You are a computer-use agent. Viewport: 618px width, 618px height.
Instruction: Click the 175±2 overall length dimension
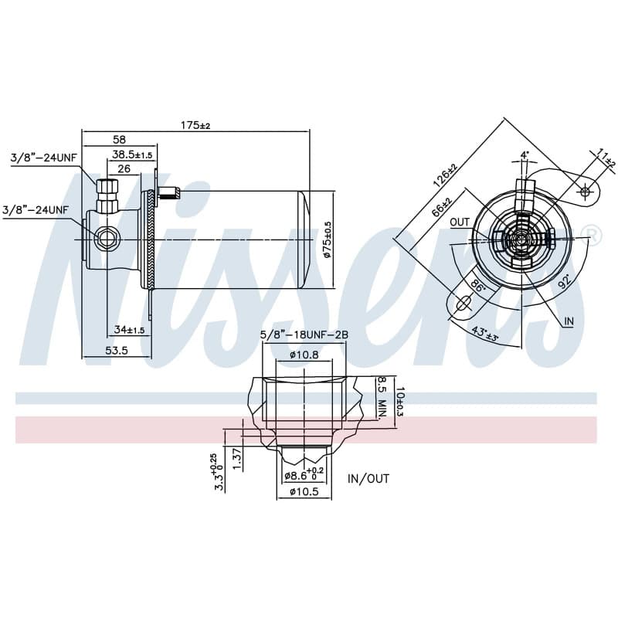195,125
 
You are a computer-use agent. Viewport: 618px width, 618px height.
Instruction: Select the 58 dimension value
119,139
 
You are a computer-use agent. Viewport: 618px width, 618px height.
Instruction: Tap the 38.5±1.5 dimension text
132,154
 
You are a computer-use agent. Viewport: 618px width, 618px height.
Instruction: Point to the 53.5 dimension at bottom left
117,350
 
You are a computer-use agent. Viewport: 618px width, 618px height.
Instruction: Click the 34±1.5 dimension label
130,329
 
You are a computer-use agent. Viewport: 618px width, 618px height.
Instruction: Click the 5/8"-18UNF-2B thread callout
304,334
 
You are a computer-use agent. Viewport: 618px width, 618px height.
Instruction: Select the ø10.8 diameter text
304,355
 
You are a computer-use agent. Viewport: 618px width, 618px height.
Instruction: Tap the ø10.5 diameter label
304,491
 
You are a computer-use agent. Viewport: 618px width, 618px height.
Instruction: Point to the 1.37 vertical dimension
236,459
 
